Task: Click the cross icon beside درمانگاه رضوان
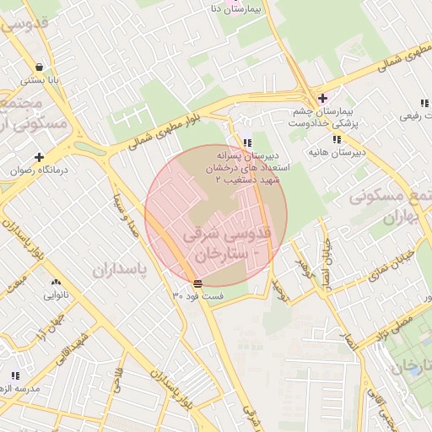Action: tap(39, 156)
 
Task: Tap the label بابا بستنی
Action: tap(39, 80)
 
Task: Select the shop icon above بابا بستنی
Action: tap(39, 67)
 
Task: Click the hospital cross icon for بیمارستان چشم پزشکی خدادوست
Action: tap(321, 98)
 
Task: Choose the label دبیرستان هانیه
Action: tap(337, 153)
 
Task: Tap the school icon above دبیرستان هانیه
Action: tap(337, 139)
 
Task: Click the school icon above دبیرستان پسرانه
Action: tap(246, 143)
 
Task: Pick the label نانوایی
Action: tap(56, 296)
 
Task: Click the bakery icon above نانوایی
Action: tap(56, 283)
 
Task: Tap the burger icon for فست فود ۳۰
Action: tap(197, 283)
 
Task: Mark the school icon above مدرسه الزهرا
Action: tap(14, 375)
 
